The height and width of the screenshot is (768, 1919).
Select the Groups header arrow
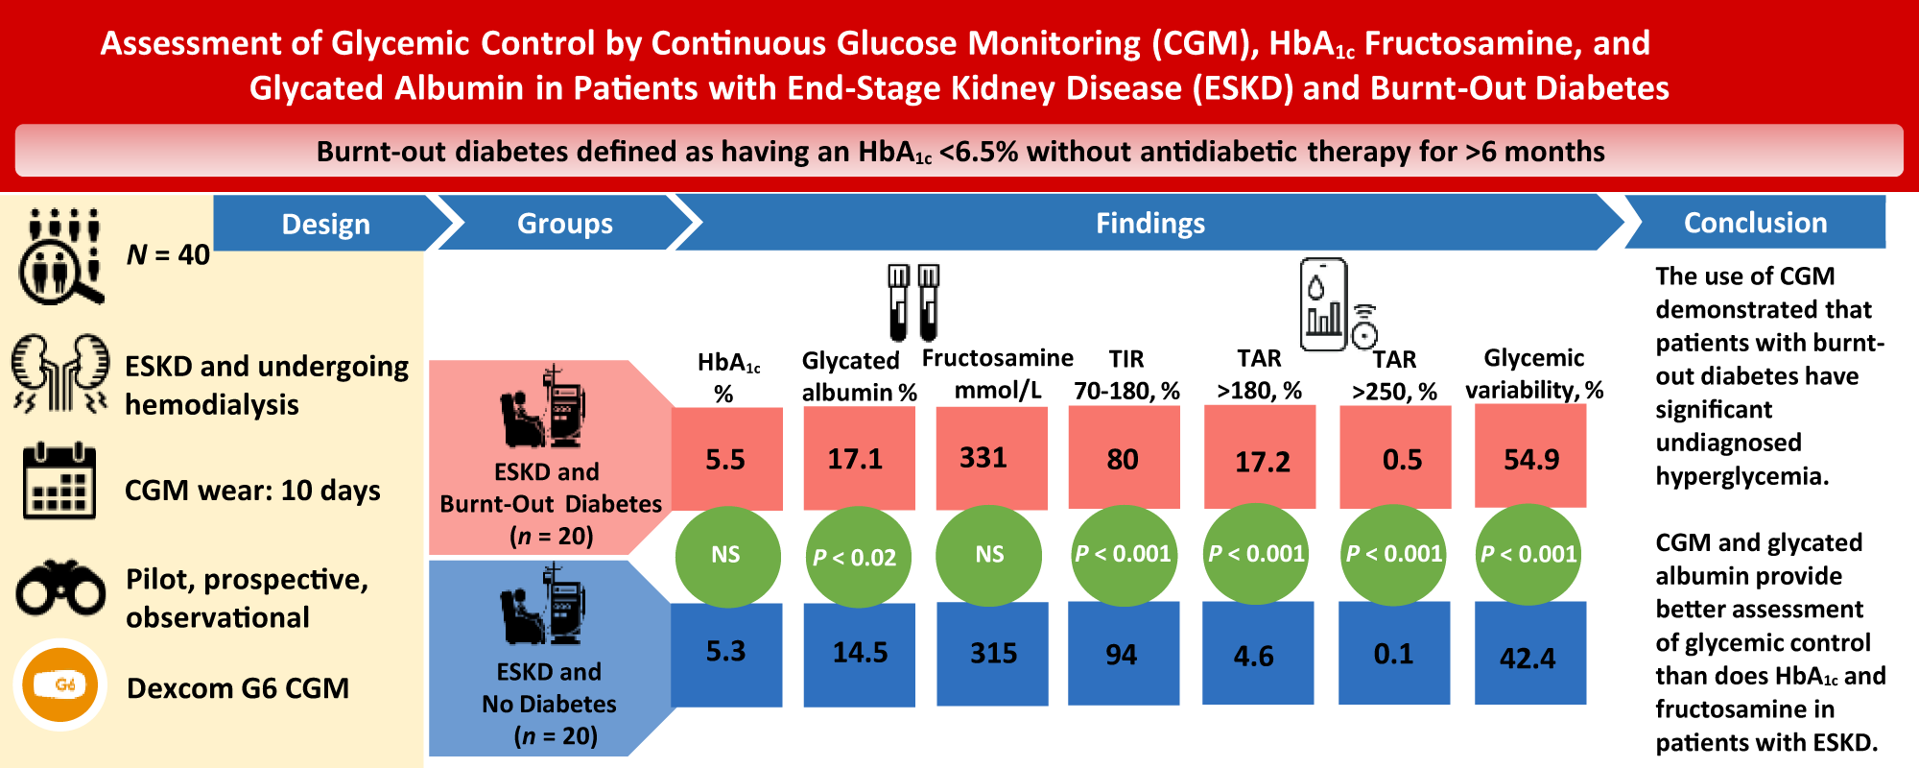coord(564,224)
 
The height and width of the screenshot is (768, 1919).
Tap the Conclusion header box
coord(1755,223)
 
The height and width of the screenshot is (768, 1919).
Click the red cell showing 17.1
coord(857,459)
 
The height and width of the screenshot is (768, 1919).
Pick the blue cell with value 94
coord(1122,654)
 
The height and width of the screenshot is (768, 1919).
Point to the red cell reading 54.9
coord(1530,458)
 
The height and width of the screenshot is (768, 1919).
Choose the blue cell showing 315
coord(992,653)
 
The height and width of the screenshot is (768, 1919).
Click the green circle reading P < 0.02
coord(855,557)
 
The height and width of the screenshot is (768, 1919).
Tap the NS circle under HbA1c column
coord(725,555)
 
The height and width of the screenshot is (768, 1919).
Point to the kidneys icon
coord(60,374)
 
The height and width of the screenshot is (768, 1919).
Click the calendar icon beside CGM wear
coord(59,481)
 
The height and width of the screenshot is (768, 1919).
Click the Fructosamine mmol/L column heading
coord(997,373)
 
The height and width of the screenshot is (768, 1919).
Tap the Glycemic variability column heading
coord(1533,373)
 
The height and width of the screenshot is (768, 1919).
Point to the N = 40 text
coord(168,254)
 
